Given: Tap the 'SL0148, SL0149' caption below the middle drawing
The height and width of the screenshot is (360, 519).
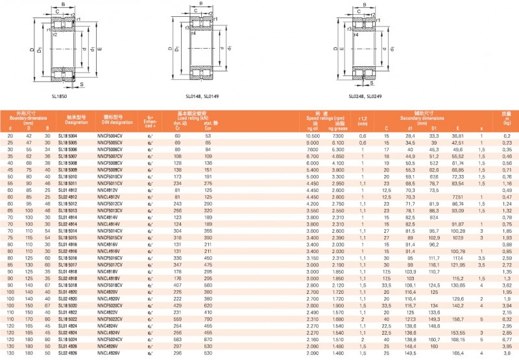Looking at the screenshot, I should click(x=202, y=96).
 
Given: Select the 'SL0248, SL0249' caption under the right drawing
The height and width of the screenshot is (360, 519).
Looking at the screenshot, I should click(x=366, y=96).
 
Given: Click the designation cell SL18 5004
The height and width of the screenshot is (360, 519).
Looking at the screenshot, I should click(x=67, y=136).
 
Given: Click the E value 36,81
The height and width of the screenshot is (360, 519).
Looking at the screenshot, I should click(x=457, y=136).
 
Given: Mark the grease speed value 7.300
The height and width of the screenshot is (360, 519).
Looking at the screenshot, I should click(x=339, y=136).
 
